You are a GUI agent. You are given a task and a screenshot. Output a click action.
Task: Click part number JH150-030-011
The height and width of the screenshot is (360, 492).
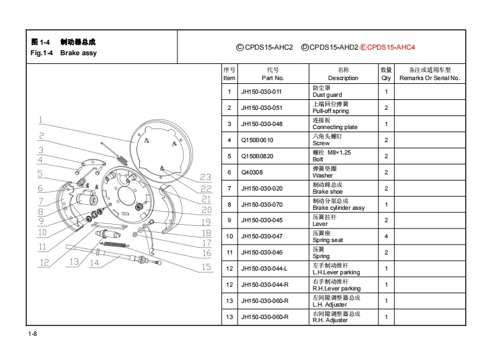click(261, 92)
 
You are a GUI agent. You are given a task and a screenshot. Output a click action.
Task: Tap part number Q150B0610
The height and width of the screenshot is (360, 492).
click(257, 140)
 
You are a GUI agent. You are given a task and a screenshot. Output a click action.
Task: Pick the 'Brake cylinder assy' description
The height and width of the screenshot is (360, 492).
click(338, 208)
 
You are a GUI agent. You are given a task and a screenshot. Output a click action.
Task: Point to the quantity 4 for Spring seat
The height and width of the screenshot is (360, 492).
click(386, 236)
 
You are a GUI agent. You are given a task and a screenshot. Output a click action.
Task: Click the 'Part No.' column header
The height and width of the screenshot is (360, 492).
click(272, 78)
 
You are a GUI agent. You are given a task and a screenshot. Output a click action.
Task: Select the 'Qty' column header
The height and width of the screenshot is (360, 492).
click(386, 78)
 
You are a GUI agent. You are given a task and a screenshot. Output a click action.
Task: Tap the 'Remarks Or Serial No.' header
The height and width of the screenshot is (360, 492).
click(429, 78)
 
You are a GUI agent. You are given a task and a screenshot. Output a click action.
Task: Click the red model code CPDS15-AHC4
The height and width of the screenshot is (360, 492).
click(391, 47)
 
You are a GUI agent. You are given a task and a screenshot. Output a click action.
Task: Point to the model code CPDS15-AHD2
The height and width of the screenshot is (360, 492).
click(333, 47)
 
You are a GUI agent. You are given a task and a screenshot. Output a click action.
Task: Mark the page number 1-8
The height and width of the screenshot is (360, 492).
click(33, 335)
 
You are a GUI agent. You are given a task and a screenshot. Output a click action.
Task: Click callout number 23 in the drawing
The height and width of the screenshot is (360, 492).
click(206, 177)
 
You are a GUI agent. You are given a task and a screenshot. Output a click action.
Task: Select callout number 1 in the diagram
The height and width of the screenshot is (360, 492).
click(40, 120)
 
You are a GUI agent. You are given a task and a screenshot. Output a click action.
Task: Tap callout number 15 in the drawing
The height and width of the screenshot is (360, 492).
click(206, 268)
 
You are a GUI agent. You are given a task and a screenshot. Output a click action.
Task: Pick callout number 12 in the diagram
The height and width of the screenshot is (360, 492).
click(45, 263)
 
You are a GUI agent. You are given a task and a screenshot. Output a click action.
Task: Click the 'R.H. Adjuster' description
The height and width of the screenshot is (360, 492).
click(329, 320)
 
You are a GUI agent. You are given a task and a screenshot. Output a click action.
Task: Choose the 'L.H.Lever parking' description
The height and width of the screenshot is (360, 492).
click(336, 272)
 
